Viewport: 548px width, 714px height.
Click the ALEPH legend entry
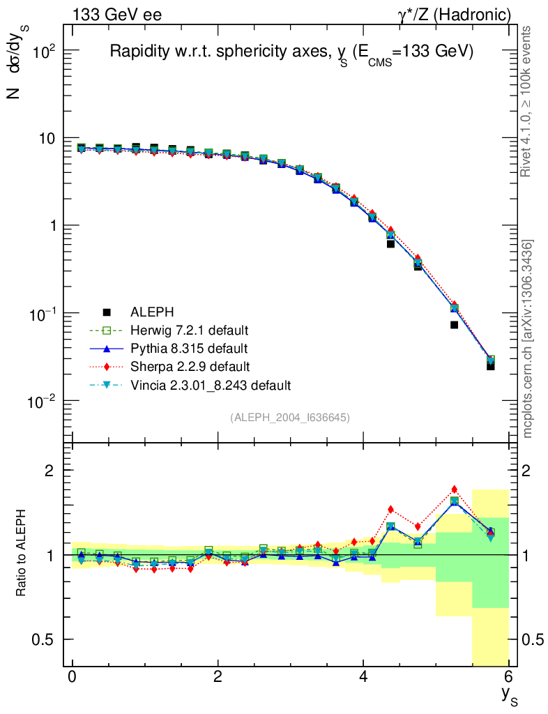(149, 312)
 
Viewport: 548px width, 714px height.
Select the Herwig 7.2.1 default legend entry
(189, 330)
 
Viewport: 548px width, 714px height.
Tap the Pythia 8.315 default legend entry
(188, 348)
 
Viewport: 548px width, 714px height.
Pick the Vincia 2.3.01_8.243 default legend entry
(210, 384)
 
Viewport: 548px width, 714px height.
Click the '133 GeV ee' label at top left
(116, 15)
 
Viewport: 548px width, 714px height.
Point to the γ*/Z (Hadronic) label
(455, 15)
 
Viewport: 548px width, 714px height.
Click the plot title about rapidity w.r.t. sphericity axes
(291, 52)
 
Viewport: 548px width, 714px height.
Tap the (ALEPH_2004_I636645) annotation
(289, 417)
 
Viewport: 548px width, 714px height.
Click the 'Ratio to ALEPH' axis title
(22, 554)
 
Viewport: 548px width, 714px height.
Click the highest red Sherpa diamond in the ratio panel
(454, 489)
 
